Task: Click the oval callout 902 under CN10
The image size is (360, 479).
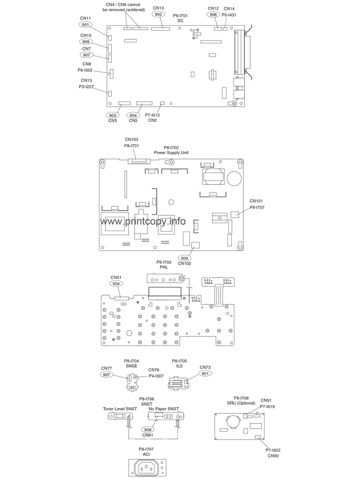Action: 158,14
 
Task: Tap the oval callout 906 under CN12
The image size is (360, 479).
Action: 214,14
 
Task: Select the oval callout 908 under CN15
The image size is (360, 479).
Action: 86,42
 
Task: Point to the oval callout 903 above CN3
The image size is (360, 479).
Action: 112,115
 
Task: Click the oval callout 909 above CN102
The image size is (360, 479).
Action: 184,258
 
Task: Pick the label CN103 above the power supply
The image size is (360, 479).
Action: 132,140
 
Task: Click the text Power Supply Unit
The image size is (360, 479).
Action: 171,153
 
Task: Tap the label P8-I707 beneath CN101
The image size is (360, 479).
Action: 257,207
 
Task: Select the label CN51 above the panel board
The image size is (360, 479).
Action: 116,278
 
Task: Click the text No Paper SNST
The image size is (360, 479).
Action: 164,409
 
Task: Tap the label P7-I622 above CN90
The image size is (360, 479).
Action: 273,450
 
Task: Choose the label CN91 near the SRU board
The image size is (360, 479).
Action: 266,400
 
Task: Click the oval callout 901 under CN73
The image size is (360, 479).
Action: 205,373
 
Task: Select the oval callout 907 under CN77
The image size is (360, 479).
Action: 106,375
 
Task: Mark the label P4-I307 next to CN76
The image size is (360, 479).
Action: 156,376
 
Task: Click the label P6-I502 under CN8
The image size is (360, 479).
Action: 85,70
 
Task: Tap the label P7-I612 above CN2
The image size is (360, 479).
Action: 152,115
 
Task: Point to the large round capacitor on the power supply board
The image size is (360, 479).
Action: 235,178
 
